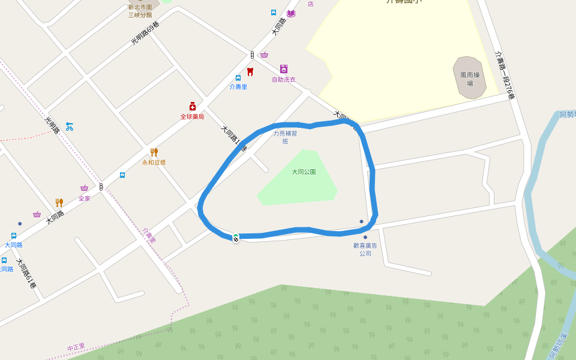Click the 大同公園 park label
pos(304,172)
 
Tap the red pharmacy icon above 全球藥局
pos(193,106)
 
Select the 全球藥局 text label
pos(192,116)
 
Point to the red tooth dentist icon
pos(250,72)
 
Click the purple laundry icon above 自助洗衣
pos(284,69)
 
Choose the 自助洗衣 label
pos(284,79)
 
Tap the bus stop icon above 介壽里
pos(238,78)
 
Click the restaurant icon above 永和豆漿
pos(154,152)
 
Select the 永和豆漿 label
pos(154,163)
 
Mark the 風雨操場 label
pos(470,79)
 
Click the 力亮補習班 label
pos(285,137)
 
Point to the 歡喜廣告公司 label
pos(365,249)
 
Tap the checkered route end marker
pos(236,238)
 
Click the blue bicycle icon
pos(70,127)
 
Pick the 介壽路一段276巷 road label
pos(505,74)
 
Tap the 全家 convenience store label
pos(84,198)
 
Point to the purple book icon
pos(291,13)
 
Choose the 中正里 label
pos(76,347)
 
